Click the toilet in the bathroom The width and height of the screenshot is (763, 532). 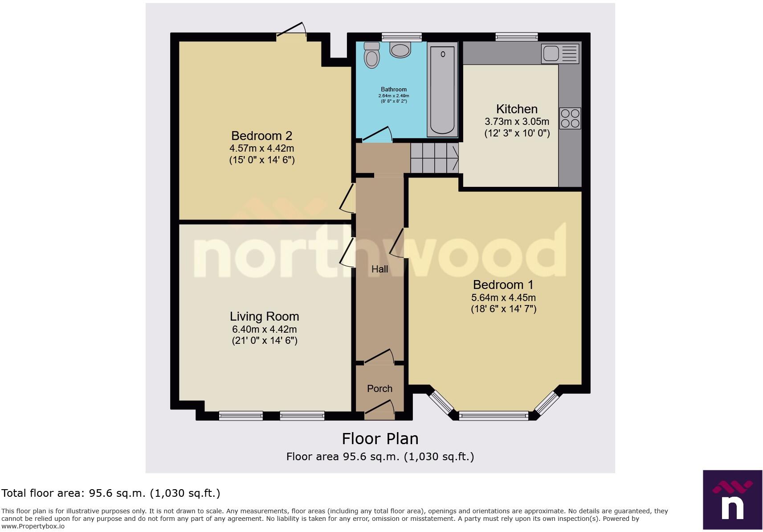tap(371, 55)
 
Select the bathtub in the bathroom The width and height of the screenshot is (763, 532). tap(442, 89)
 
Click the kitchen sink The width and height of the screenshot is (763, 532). tap(560, 54)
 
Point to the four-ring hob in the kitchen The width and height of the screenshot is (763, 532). tap(570, 118)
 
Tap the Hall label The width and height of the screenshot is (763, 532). tap(379, 269)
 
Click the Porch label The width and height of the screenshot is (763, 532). tap(379, 388)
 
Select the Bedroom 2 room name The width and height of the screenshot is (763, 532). tap(261, 136)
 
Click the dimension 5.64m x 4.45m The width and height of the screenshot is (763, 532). tap(503, 297)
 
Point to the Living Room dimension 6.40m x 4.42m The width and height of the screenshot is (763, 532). tap(264, 330)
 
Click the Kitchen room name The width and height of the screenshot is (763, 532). tap(517, 109)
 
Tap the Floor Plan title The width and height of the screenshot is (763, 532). tap(380, 439)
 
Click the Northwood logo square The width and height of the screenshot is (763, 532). tap(732, 499)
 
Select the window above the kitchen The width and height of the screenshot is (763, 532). tap(517, 37)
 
